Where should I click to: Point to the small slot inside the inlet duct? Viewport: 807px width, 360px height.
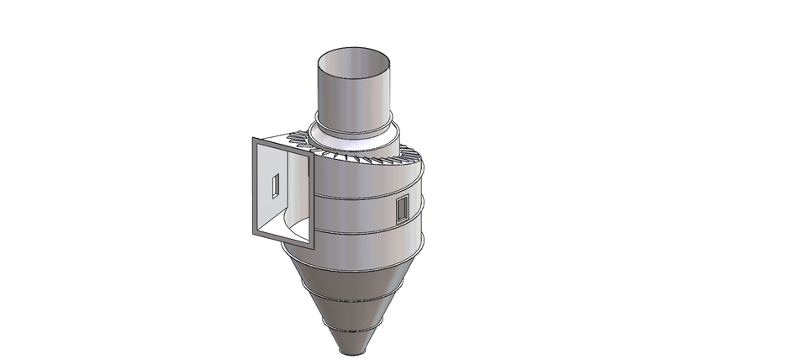coord(275,183)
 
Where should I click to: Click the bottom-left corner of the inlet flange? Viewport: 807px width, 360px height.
coord(253,234)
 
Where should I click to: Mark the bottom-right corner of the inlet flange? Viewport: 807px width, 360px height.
coord(310,249)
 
